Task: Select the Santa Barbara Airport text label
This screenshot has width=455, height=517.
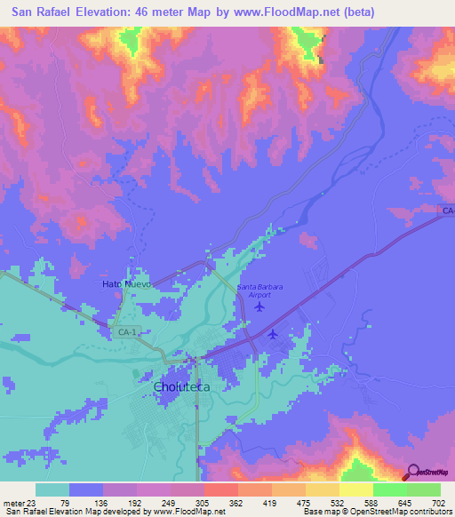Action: pyautogui.click(x=260, y=290)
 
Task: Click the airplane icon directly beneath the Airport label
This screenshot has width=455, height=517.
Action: pyautogui.click(x=259, y=307)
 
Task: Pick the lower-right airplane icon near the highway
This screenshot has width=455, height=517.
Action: pyautogui.click(x=273, y=334)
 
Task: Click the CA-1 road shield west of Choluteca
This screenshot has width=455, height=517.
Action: pyautogui.click(x=126, y=332)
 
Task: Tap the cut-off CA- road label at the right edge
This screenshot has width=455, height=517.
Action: pyautogui.click(x=447, y=211)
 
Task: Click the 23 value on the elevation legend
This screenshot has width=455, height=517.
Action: pyautogui.click(x=31, y=502)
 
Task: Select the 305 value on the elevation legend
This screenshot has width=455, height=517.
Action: pyautogui.click(x=203, y=502)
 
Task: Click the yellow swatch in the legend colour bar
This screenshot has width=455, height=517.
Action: pyautogui.click(x=355, y=489)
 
